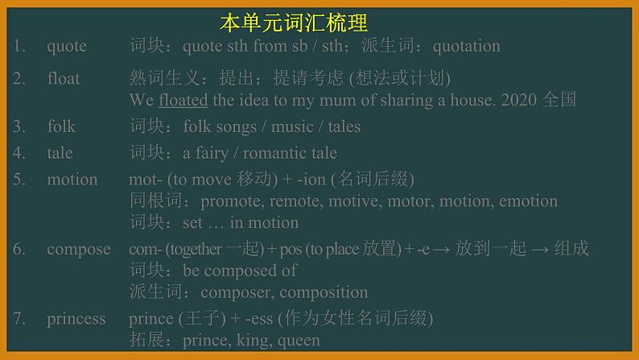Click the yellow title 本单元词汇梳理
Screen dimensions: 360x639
pos(293,22)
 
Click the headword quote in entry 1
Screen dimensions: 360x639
pos(67,46)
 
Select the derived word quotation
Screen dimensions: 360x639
pos(467,46)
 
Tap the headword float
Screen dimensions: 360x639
pos(64,79)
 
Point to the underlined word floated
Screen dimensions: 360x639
pos(183,101)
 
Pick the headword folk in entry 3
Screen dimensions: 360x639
pos(61,126)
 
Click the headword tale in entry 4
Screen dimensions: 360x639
pos(60,153)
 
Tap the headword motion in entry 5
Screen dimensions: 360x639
pos(72,180)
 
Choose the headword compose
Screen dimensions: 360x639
pos(78,249)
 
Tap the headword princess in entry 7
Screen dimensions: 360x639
pos(76,319)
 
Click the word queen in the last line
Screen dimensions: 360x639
pos(299,341)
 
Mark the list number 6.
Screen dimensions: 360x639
pos(19,249)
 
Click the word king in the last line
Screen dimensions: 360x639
pos(254,341)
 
